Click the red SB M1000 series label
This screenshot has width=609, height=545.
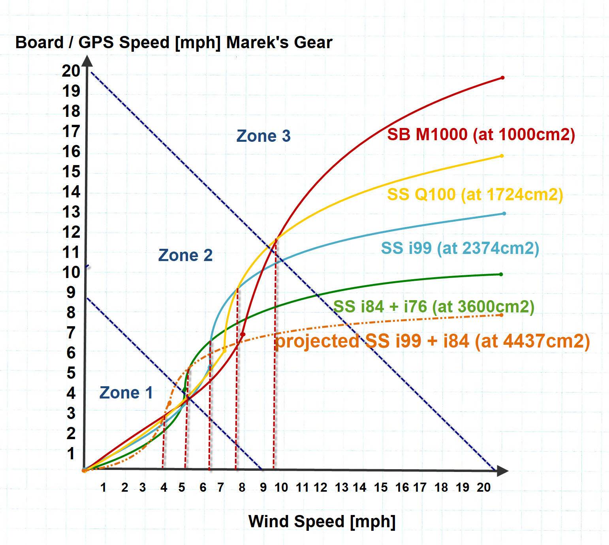pyautogui.click(x=481, y=135)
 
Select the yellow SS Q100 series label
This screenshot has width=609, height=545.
pyautogui.click(x=475, y=194)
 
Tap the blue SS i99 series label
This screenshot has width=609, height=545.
pyautogui.click(x=460, y=248)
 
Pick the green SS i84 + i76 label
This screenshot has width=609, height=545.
pyautogui.click(x=434, y=306)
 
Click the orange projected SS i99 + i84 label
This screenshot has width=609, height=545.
pyautogui.click(x=432, y=341)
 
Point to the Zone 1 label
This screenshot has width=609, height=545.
pyautogui.click(x=126, y=393)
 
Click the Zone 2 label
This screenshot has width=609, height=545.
pyautogui.click(x=185, y=255)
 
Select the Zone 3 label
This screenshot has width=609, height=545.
pyautogui.click(x=263, y=136)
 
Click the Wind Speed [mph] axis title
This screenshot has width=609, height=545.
pyautogui.click(x=322, y=521)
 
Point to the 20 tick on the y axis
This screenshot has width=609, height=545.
pyautogui.click(x=71, y=71)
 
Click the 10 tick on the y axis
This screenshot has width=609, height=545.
pyautogui.click(x=71, y=272)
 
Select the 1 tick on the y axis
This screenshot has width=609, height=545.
pyautogui.click(x=71, y=453)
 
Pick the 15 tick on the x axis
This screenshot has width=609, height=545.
pyautogui.click(x=381, y=487)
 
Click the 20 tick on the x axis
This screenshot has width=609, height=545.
pyautogui.click(x=483, y=487)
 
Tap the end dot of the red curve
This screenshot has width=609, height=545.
pyautogui.click(x=502, y=78)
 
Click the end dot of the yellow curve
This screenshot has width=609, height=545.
pyautogui.click(x=502, y=156)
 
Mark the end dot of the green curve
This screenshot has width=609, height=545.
pyautogui.click(x=501, y=274)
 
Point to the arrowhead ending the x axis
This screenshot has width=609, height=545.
pyautogui.click(x=502, y=470)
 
